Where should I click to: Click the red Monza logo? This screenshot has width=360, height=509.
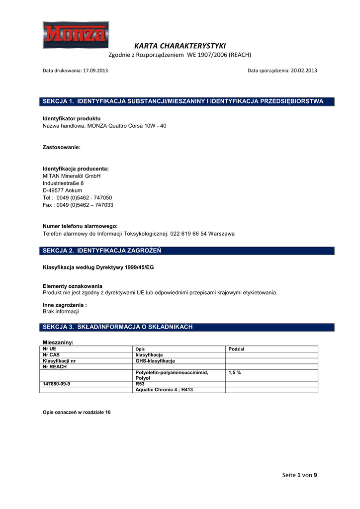[76, 34]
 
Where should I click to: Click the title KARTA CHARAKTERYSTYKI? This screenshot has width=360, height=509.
[180, 46]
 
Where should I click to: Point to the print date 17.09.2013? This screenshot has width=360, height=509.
[95, 71]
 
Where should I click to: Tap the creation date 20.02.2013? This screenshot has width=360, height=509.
[304, 71]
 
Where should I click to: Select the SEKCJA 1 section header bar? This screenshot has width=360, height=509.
[187, 101]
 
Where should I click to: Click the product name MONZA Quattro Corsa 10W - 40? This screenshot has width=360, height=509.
[127, 126]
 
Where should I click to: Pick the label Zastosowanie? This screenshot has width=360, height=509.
[62, 148]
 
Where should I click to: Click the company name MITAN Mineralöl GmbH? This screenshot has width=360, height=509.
[72, 176]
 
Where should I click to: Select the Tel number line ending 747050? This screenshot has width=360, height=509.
[78, 197]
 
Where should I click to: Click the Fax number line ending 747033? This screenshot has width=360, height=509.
[78, 205]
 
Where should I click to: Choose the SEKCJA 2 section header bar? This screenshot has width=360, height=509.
[187, 251]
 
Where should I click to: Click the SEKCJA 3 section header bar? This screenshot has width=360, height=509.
[187, 327]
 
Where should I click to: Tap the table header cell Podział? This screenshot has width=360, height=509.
[237, 349]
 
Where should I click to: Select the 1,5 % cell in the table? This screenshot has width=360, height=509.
[235, 372]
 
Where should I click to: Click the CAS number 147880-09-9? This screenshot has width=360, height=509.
[57, 384]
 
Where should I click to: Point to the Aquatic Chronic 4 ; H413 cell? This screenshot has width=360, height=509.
[164, 390]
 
